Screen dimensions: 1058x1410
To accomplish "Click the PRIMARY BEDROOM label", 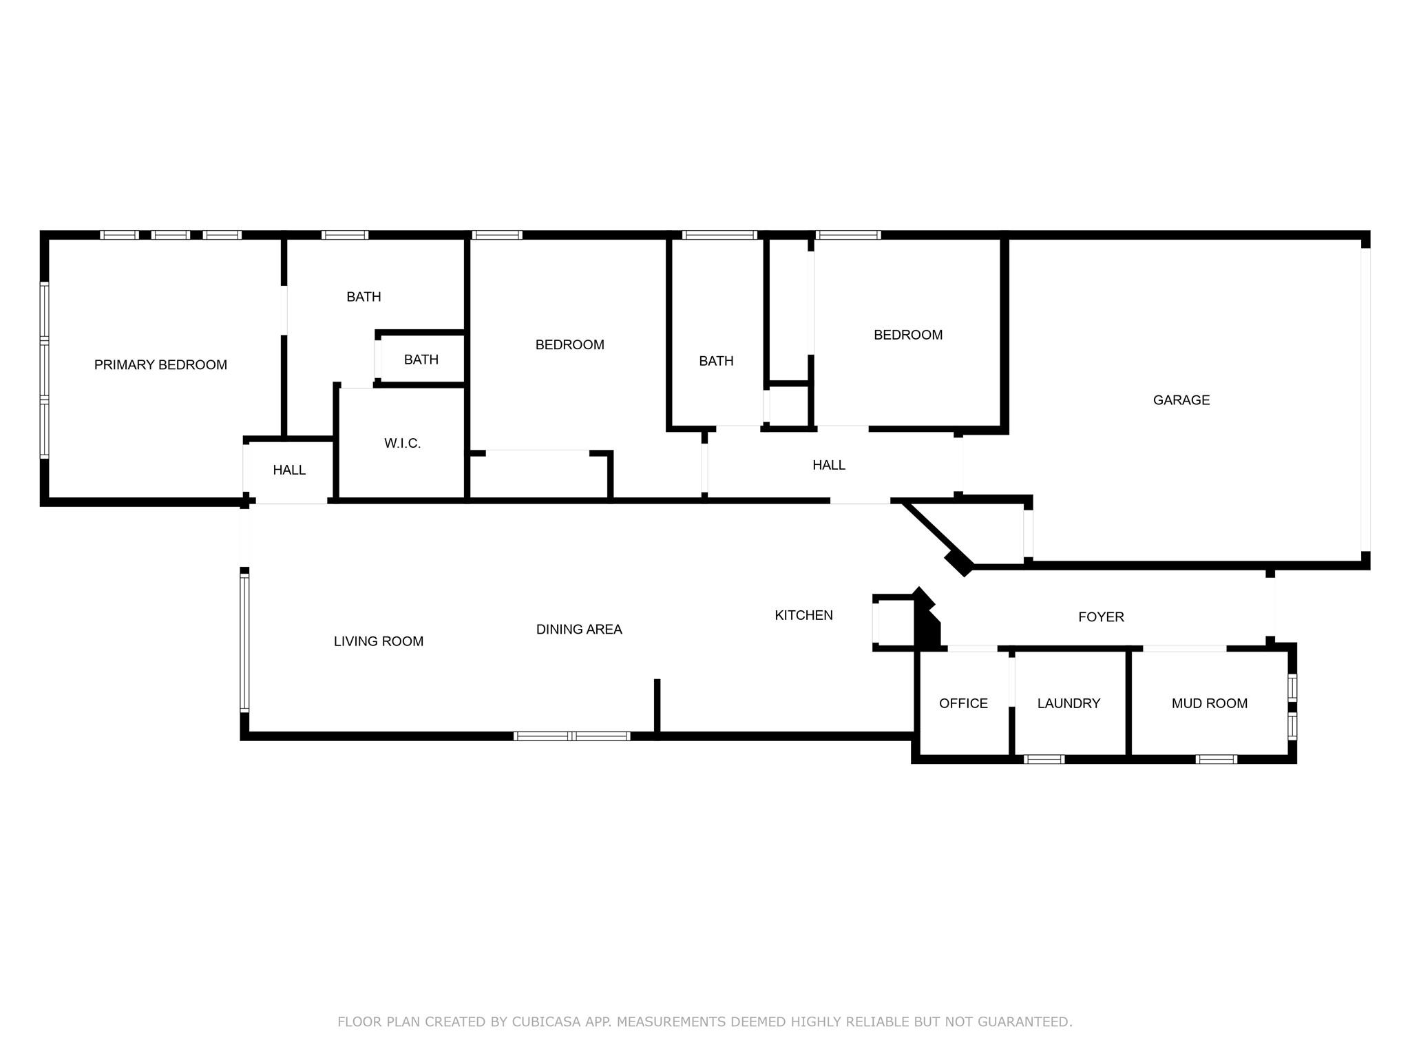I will click(160, 365).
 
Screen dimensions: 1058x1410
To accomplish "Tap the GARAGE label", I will click(1181, 400).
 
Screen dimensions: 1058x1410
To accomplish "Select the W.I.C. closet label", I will click(402, 444).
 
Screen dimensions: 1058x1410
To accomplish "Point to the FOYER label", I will click(1101, 617).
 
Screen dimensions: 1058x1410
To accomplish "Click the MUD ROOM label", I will click(1209, 703).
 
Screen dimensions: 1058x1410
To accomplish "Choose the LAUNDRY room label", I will click(1069, 703).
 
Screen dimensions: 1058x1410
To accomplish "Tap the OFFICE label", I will click(963, 703).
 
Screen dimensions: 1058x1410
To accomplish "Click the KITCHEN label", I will click(803, 615).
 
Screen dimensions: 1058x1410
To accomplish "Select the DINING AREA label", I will click(579, 630).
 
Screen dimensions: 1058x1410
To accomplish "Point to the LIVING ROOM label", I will click(378, 641).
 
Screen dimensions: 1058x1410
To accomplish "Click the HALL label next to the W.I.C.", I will click(289, 470).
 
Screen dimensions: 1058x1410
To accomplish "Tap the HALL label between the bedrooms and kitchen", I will click(828, 465).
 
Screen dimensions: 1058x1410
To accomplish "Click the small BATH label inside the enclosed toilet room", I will click(421, 360).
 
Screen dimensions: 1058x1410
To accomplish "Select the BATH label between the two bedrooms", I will click(716, 361).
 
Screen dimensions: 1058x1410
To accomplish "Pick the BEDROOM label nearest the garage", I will click(907, 335).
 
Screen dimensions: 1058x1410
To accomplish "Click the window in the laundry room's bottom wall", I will click(1044, 759).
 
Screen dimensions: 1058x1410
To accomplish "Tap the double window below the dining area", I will click(572, 736).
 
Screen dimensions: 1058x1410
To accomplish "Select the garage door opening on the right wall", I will click(1365, 400).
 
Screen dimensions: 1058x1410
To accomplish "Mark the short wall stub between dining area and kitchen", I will click(657, 706).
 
